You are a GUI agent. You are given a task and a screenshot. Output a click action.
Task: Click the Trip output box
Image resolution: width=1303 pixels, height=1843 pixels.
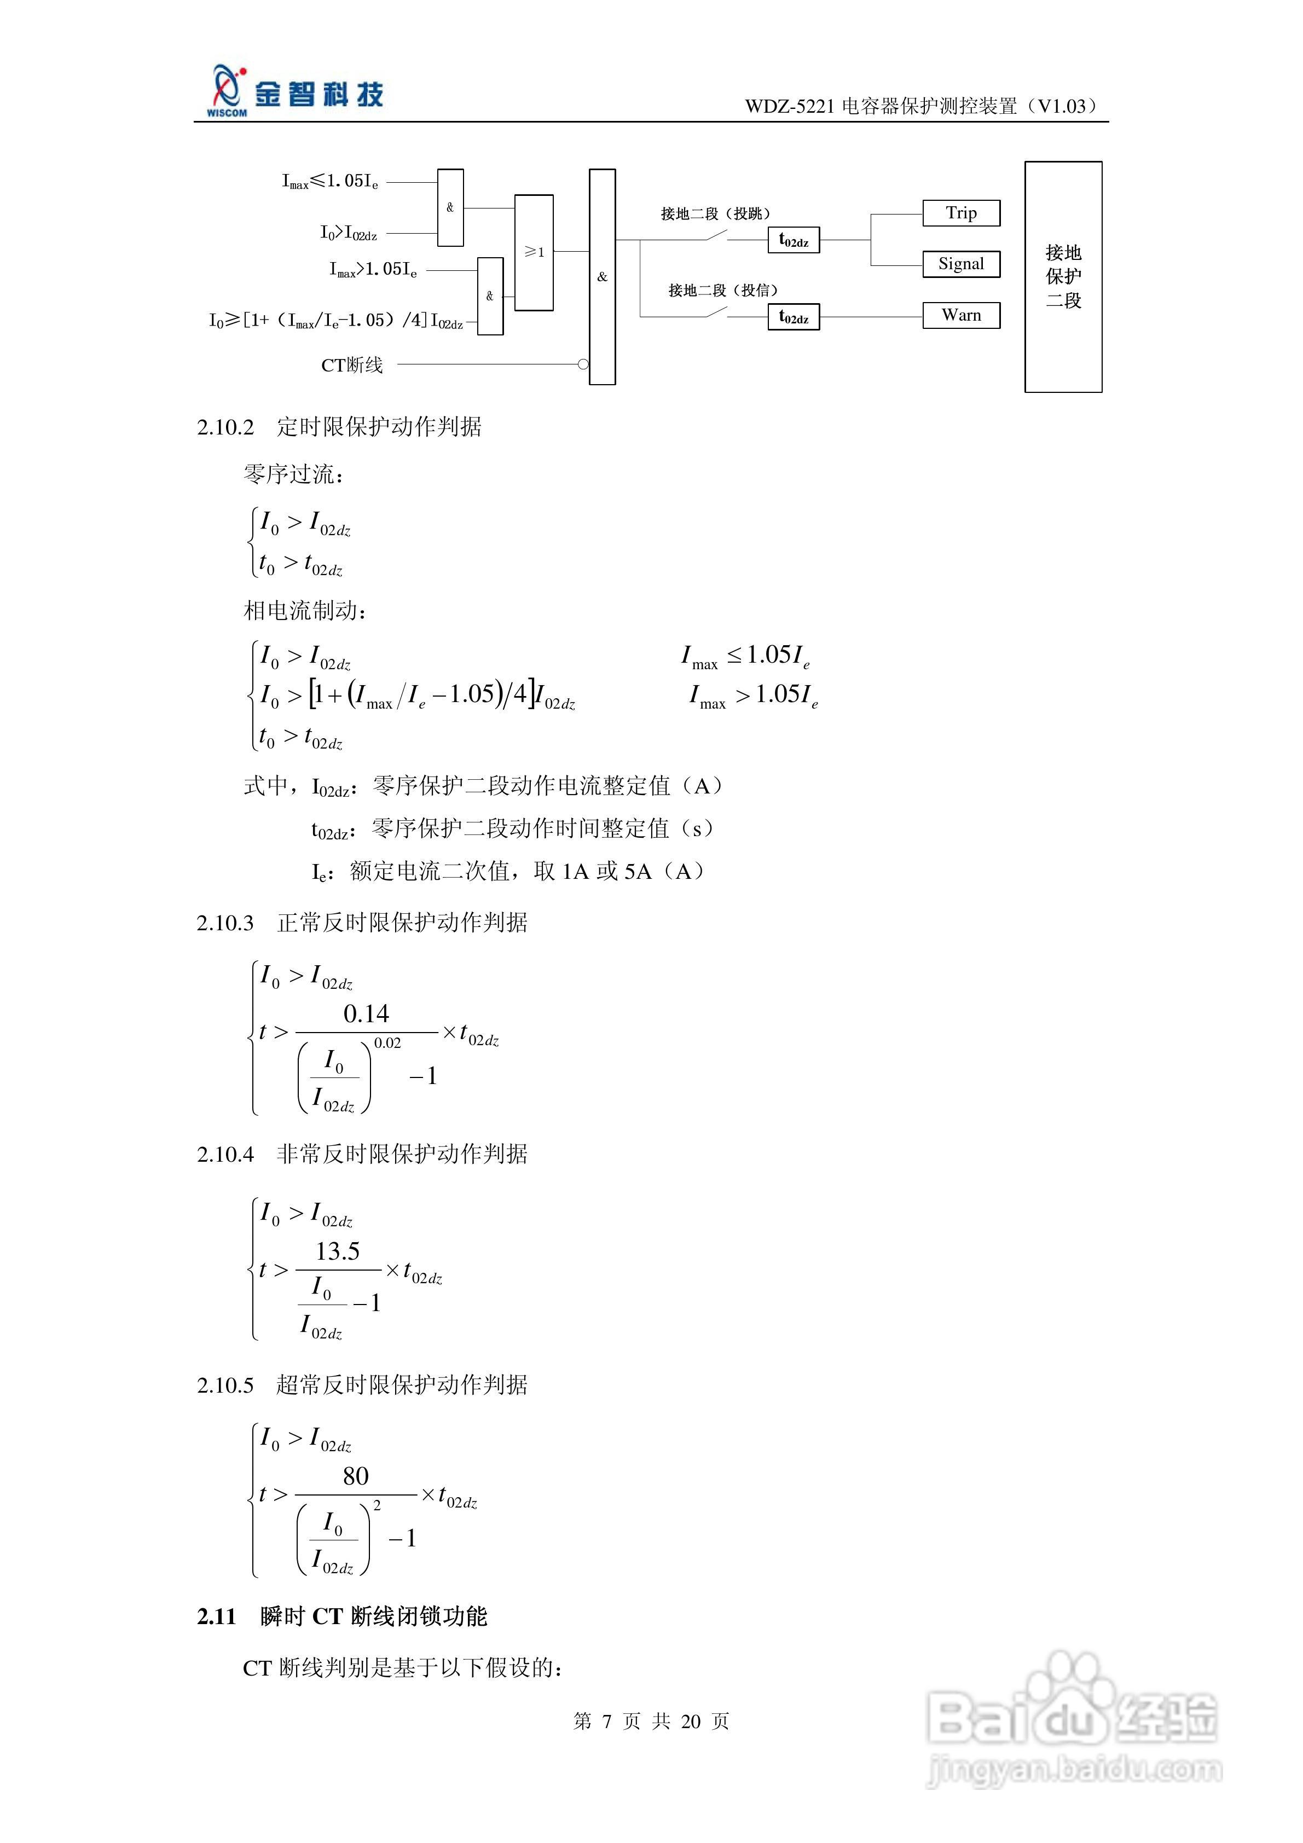(x=960, y=213)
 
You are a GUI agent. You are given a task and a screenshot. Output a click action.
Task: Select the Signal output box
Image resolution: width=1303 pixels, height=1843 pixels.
(x=960, y=264)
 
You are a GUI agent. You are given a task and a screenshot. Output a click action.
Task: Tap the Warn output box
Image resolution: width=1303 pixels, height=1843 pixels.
(x=960, y=315)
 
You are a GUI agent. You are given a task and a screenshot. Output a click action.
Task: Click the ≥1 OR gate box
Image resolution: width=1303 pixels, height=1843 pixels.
(x=534, y=252)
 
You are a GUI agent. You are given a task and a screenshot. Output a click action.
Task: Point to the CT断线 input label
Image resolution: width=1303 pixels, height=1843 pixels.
(x=352, y=365)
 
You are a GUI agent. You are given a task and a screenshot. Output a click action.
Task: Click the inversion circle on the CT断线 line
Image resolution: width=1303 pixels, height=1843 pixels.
(x=584, y=364)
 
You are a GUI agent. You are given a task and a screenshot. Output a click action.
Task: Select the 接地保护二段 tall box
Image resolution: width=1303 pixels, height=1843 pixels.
(x=1063, y=277)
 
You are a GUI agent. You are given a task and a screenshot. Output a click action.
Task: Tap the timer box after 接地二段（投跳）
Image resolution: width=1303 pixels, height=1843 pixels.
(x=793, y=241)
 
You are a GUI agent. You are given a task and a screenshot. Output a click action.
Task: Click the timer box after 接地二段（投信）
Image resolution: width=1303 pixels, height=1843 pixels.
(x=793, y=317)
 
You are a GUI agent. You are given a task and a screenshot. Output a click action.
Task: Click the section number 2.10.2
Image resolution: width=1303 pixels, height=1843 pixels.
(x=225, y=427)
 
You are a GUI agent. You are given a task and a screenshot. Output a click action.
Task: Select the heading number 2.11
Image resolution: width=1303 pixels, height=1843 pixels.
(x=216, y=1616)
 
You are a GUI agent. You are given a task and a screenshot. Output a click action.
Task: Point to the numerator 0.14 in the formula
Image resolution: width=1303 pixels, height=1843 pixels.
(x=366, y=1014)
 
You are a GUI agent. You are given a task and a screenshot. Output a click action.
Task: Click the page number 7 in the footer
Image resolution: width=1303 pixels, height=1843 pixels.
(x=606, y=1721)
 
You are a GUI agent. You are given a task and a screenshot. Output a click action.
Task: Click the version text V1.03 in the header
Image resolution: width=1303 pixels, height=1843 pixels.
(x=1061, y=106)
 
